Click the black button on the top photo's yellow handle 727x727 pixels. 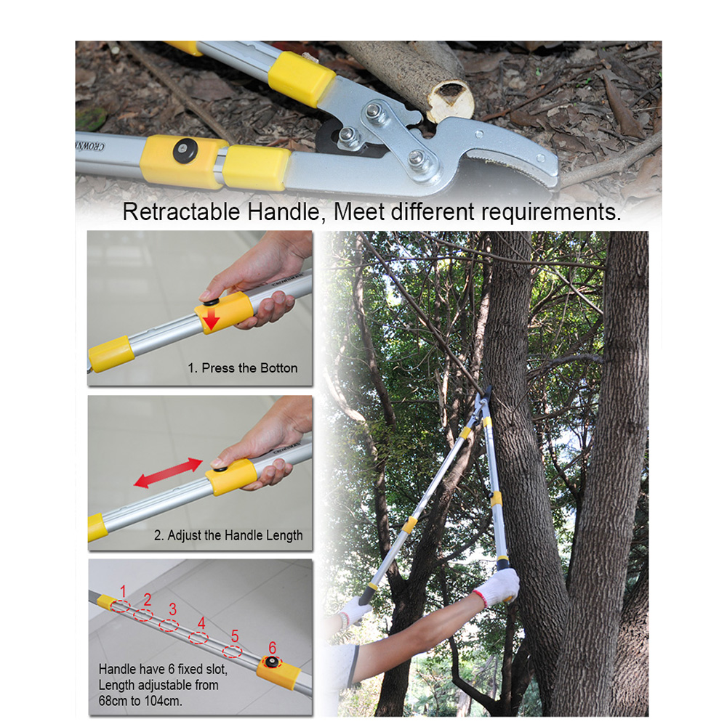pos(185,150)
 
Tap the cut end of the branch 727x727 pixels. pos(450,101)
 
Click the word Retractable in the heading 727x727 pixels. pos(182,212)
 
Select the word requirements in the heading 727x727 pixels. pos(551,213)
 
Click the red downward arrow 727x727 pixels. pos(212,320)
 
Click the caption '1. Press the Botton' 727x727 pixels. pos(242,368)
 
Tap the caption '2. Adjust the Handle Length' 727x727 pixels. pos(228,535)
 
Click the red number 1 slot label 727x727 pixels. pos(123,591)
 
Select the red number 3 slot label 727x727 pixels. pos(173,609)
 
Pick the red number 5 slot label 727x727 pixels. pos(235,636)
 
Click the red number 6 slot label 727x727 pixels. pos(273,648)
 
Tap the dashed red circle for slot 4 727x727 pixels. pos(198,638)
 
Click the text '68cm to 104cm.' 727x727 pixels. pos(140,701)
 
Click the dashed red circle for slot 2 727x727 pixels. pos(143,615)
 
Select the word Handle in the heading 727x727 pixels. pos(284,212)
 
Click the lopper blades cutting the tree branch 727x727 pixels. pos(485,397)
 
